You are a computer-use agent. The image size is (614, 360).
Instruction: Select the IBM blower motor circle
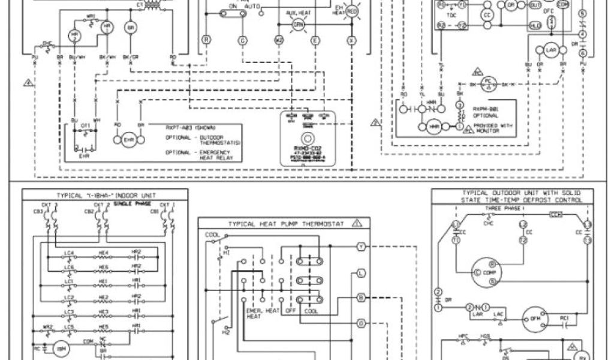click(59, 348)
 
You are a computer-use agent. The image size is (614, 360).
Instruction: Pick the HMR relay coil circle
click(434, 128)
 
